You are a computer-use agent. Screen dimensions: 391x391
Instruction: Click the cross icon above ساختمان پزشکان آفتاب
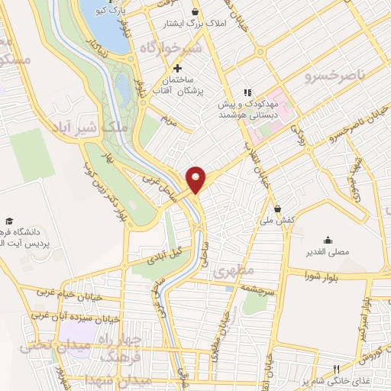click(x=178, y=69)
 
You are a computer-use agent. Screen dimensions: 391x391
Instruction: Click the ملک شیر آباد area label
click(x=95, y=128)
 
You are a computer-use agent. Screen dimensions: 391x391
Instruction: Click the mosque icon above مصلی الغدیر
click(x=328, y=239)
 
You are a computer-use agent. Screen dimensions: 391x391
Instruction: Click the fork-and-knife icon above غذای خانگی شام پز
click(x=337, y=369)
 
